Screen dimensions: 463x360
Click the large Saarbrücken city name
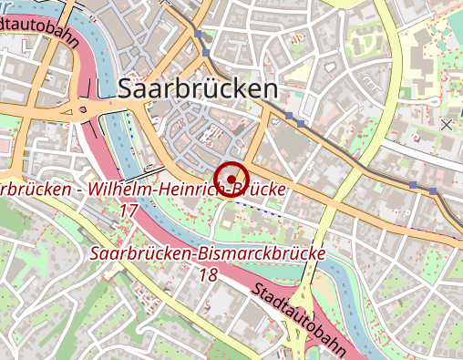click(x=197, y=88)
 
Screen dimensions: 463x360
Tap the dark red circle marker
click(x=231, y=178)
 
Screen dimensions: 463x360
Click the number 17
click(x=129, y=211)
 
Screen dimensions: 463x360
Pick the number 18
click(x=208, y=274)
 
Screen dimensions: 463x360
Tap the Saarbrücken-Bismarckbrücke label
click(x=209, y=253)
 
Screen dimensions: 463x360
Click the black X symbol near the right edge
click(x=446, y=123)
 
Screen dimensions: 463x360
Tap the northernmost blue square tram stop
click(x=199, y=34)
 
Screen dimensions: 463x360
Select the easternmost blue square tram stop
click(x=433, y=191)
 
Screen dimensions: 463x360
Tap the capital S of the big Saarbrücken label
click(x=129, y=88)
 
